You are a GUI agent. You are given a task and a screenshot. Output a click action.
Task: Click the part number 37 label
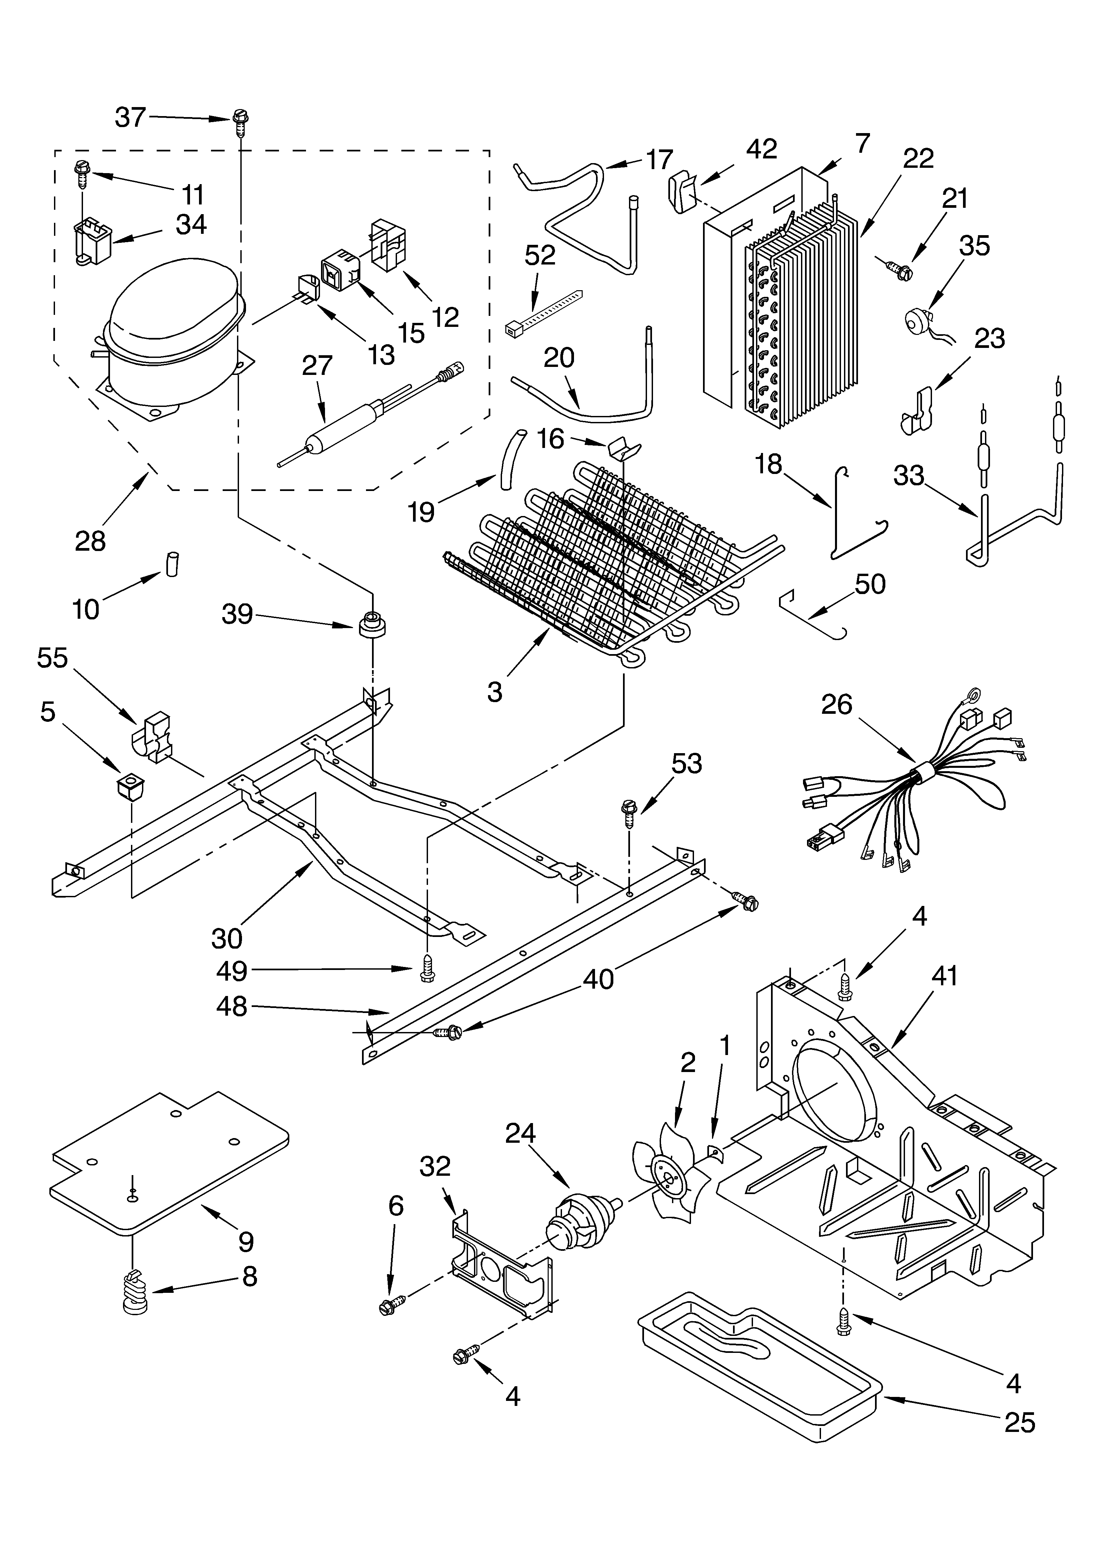[x=130, y=118]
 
